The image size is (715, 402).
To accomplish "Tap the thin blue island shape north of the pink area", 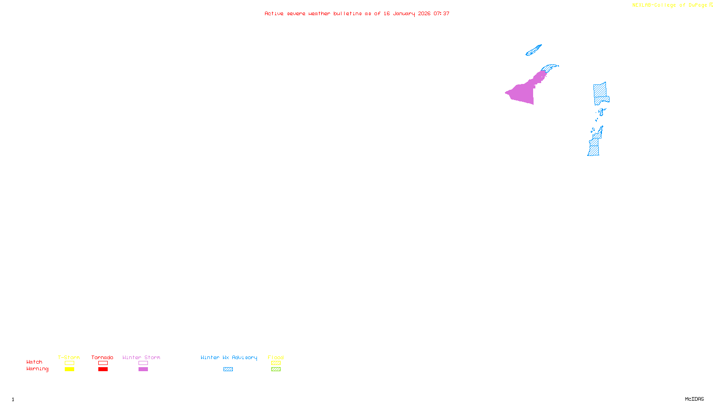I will pyautogui.click(x=534, y=50).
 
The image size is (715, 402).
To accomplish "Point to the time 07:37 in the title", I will pyautogui.click(x=442, y=13).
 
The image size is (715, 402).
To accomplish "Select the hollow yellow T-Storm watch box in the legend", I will pyautogui.click(x=69, y=363).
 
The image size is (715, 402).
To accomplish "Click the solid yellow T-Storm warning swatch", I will pyautogui.click(x=69, y=369).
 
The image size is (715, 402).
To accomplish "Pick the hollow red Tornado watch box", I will pyautogui.click(x=103, y=363).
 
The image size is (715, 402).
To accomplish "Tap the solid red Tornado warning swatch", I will pyautogui.click(x=103, y=369).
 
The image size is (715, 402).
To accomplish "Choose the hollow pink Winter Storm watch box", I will pyautogui.click(x=143, y=363).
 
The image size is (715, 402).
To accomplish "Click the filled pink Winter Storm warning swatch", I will pyautogui.click(x=143, y=369).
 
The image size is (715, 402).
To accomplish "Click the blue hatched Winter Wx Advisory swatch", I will pyautogui.click(x=228, y=369).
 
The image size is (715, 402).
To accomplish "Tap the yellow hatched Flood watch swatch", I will pyautogui.click(x=276, y=363).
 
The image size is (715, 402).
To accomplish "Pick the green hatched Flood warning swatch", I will pyautogui.click(x=276, y=369).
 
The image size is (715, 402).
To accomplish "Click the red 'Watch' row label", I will pyautogui.click(x=34, y=362).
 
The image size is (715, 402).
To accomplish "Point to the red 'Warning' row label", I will pyautogui.click(x=37, y=369).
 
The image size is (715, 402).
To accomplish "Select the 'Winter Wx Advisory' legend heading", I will pyautogui.click(x=229, y=357).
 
